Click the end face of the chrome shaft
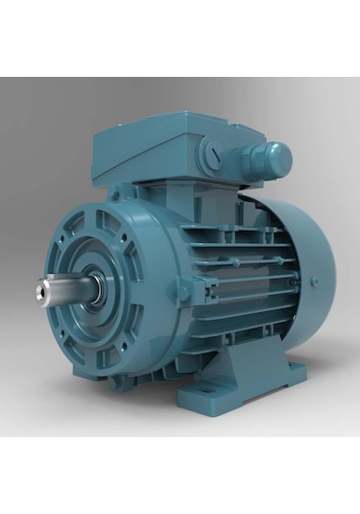(x=43, y=285)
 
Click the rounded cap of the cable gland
(x=277, y=155)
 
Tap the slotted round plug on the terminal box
(x=213, y=154)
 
